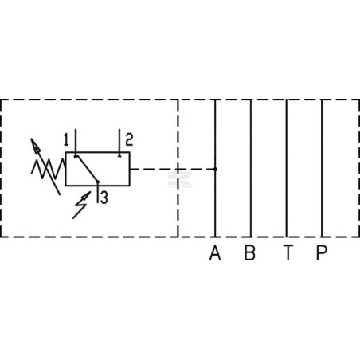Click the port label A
tap(215, 252)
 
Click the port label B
tap(250, 252)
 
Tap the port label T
tap(288, 252)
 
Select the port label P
tap(322, 252)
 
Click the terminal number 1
tap(66, 139)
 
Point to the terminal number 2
tap(129, 139)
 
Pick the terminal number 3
tap(104, 198)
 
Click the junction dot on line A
tap(215, 169)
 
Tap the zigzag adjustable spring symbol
tap(49, 168)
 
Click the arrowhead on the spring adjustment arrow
tap(35, 146)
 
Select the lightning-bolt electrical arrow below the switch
tap(81, 205)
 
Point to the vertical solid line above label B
tap(251, 168)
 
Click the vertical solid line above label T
tap(287, 168)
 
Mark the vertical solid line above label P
tap(322, 168)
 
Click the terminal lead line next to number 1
tap(76, 143)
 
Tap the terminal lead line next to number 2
tap(119, 143)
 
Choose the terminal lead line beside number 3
tap(98, 193)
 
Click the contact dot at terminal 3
tap(98, 182)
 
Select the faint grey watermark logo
tap(180, 180)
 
